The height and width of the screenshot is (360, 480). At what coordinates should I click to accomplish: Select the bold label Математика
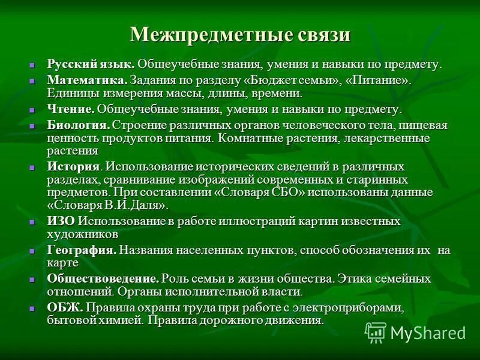click(87, 80)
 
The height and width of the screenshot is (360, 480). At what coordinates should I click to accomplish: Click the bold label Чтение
click(71, 110)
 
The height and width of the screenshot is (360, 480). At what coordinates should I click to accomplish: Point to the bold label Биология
click(78, 125)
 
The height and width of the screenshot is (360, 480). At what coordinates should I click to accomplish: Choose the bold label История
click(73, 166)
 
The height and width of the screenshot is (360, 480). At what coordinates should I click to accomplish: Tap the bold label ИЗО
click(61, 221)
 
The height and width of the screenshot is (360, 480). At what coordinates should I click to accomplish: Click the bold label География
click(82, 250)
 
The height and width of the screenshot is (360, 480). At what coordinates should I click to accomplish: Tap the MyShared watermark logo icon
click(376, 332)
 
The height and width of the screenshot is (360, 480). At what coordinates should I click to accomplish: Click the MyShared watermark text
click(428, 333)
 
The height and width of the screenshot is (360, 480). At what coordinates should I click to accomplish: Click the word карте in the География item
click(63, 262)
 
